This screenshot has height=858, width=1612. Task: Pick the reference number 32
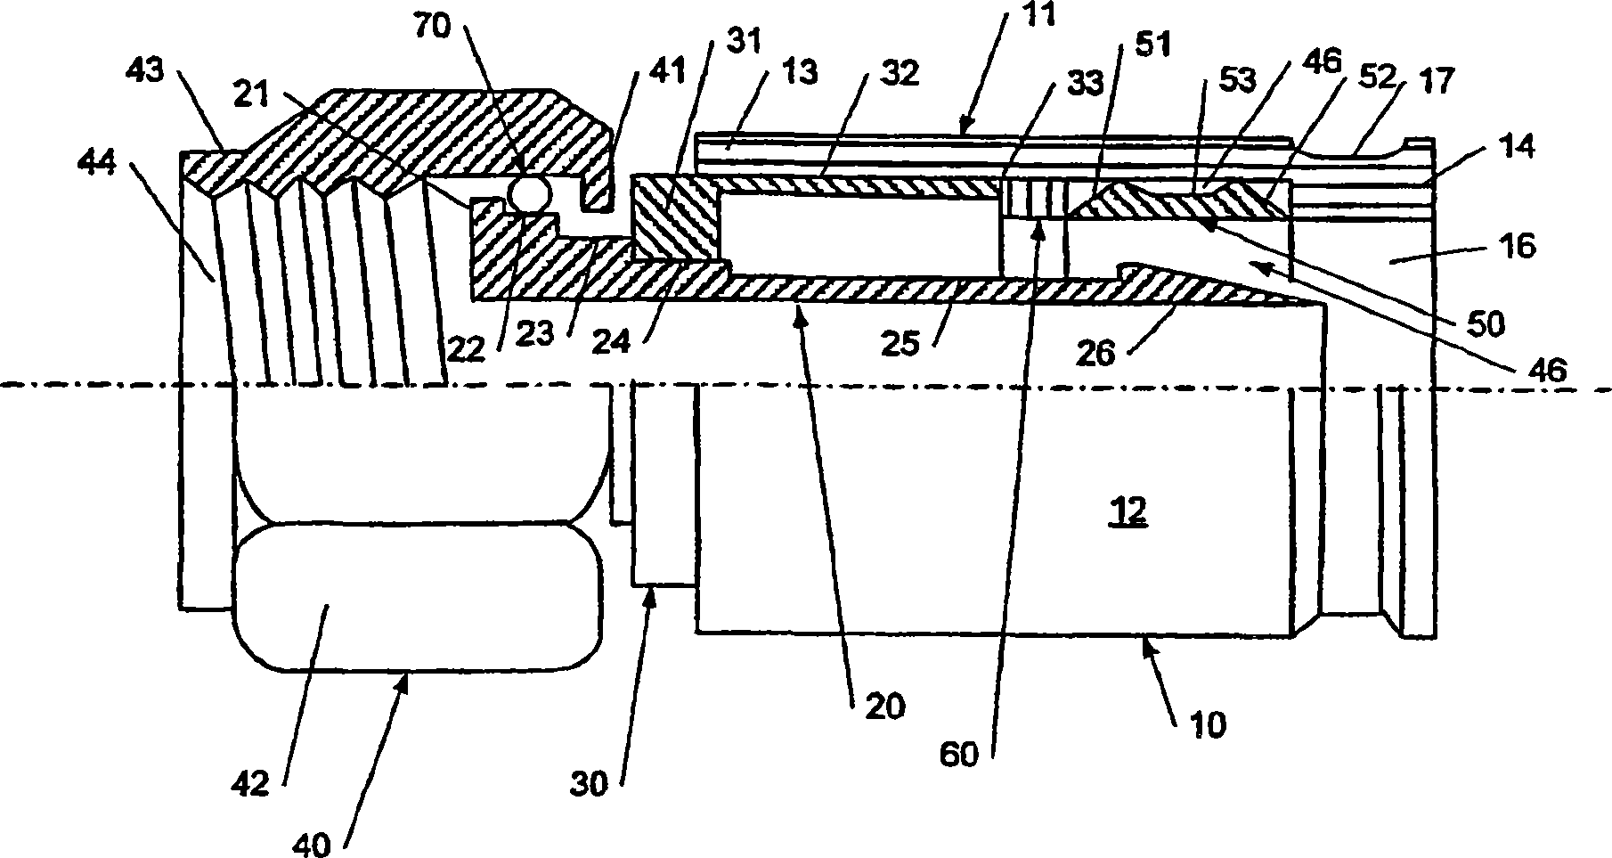coord(899,74)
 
